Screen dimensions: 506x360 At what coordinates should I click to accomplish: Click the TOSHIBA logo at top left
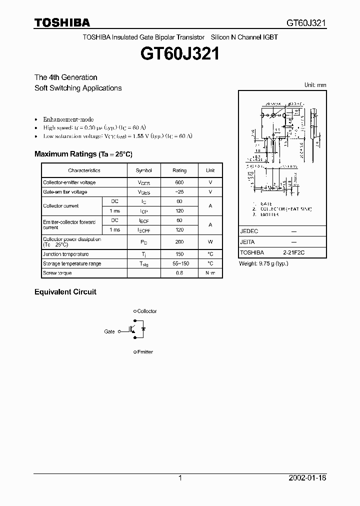[x=62, y=22]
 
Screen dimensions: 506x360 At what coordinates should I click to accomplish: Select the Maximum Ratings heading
[x=83, y=154]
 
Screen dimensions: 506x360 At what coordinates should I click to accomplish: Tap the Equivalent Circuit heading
[x=65, y=291]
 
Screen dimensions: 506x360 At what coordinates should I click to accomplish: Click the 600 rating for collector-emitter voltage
[x=179, y=182]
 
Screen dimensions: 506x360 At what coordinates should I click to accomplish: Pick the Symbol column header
[x=143, y=170]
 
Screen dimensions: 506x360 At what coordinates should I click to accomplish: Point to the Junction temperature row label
[x=65, y=254]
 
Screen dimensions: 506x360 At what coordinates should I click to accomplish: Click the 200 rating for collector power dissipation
[x=179, y=242]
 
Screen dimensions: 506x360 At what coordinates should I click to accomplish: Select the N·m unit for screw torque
[x=210, y=273]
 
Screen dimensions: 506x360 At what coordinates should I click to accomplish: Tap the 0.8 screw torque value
[x=179, y=273]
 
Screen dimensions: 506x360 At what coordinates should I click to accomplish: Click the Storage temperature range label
[x=72, y=263]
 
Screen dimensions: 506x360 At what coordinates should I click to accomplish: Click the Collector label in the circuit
[x=146, y=311]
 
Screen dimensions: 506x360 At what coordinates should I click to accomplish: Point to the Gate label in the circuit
[x=109, y=331]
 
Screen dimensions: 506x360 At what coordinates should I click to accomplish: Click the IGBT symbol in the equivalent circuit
[x=134, y=330]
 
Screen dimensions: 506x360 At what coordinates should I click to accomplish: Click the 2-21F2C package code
[x=293, y=253]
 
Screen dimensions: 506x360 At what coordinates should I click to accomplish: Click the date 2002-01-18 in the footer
[x=307, y=478]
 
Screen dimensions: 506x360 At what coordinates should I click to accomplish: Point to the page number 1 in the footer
[x=180, y=478]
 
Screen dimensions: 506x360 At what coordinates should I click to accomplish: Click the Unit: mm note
[x=315, y=85]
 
